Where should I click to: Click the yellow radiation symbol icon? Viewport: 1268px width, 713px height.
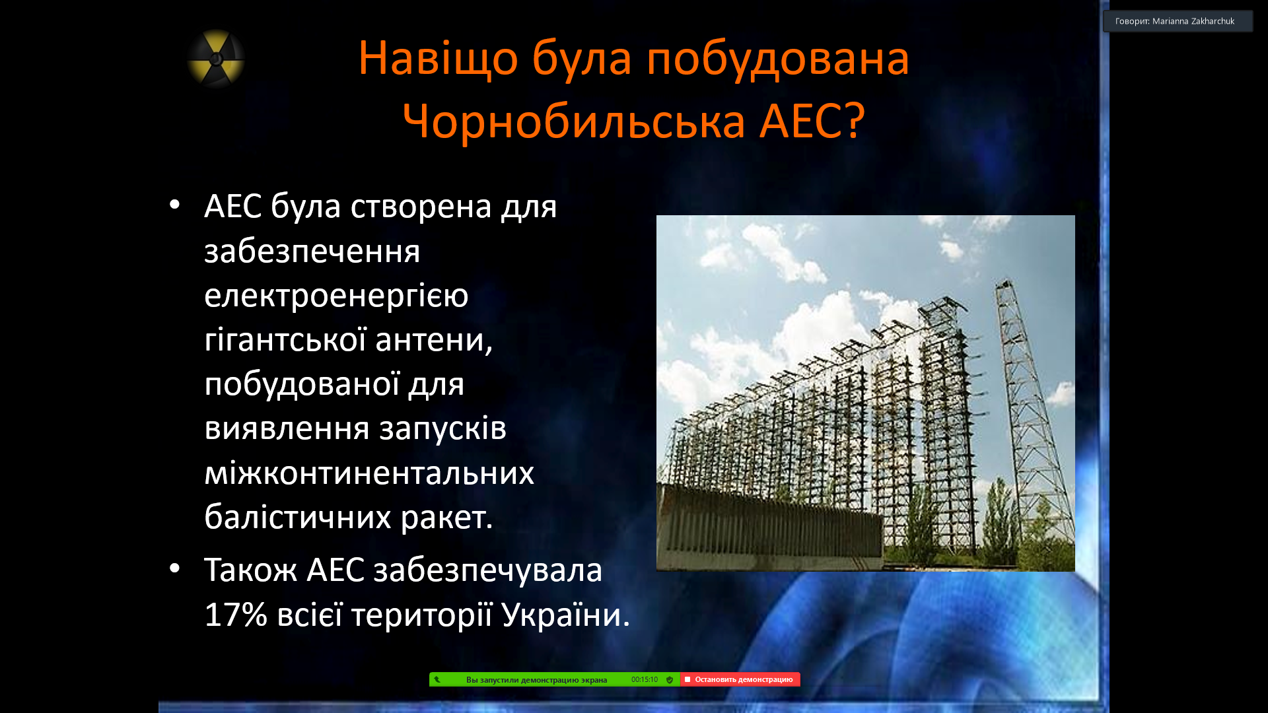click(x=216, y=59)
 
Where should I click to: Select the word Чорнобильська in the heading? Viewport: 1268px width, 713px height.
click(x=574, y=122)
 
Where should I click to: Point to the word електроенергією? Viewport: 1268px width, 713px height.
click(x=336, y=296)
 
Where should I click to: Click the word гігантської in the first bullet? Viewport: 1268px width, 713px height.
click(x=285, y=340)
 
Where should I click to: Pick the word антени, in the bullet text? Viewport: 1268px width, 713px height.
click(x=434, y=341)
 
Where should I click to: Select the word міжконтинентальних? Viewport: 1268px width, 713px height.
click(x=369, y=473)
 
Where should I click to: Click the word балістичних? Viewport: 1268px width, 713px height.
click(x=298, y=517)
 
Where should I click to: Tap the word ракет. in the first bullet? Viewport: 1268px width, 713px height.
click(x=447, y=518)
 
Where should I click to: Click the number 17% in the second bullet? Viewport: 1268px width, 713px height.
click(x=236, y=615)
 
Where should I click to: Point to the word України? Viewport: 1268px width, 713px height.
click(x=565, y=615)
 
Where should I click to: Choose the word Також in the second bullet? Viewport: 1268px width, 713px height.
click(x=250, y=570)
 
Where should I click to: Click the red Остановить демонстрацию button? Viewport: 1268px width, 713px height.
click(x=740, y=679)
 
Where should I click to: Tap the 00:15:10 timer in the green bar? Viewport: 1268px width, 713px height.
click(x=645, y=679)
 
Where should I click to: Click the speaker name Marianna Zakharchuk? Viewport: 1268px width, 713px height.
click(x=1193, y=21)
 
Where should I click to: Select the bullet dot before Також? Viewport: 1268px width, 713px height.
click(x=174, y=568)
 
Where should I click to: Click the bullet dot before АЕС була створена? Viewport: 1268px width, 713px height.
click(x=174, y=205)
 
